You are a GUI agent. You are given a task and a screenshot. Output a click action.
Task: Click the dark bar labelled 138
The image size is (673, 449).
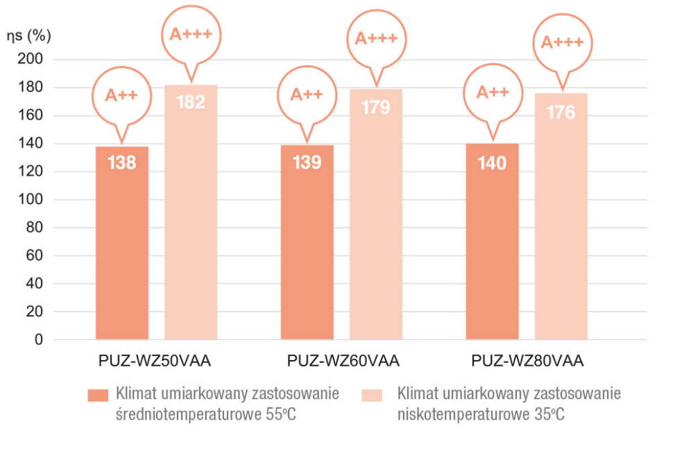click(122, 243)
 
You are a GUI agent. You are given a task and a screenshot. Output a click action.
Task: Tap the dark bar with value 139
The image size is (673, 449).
click(307, 243)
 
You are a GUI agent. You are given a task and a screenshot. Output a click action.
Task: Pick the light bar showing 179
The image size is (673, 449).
click(376, 215)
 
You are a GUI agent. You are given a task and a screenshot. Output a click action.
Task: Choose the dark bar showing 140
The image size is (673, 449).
click(493, 243)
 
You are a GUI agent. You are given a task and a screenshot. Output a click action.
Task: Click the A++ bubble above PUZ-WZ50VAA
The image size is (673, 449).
click(121, 96)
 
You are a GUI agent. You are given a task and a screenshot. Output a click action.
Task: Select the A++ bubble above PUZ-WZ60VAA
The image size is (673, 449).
click(306, 95)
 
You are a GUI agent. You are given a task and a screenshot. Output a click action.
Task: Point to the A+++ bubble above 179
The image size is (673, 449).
click(376, 37)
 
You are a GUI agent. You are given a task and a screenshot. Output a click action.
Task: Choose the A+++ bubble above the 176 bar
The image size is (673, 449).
click(561, 42)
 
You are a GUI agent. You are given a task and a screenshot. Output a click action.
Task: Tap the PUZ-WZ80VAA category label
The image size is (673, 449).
click(527, 361)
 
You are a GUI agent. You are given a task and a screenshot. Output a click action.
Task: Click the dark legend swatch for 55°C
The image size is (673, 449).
click(98, 395)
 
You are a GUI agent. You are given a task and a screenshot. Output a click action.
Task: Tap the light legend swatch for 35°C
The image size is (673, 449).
click(372, 395)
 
